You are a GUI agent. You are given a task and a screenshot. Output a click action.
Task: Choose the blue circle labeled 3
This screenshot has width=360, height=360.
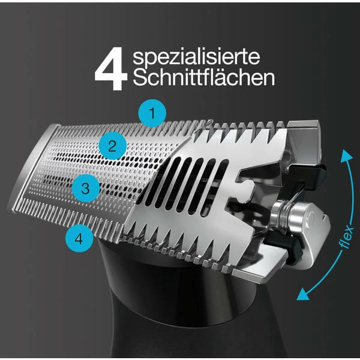pos(86,187)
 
